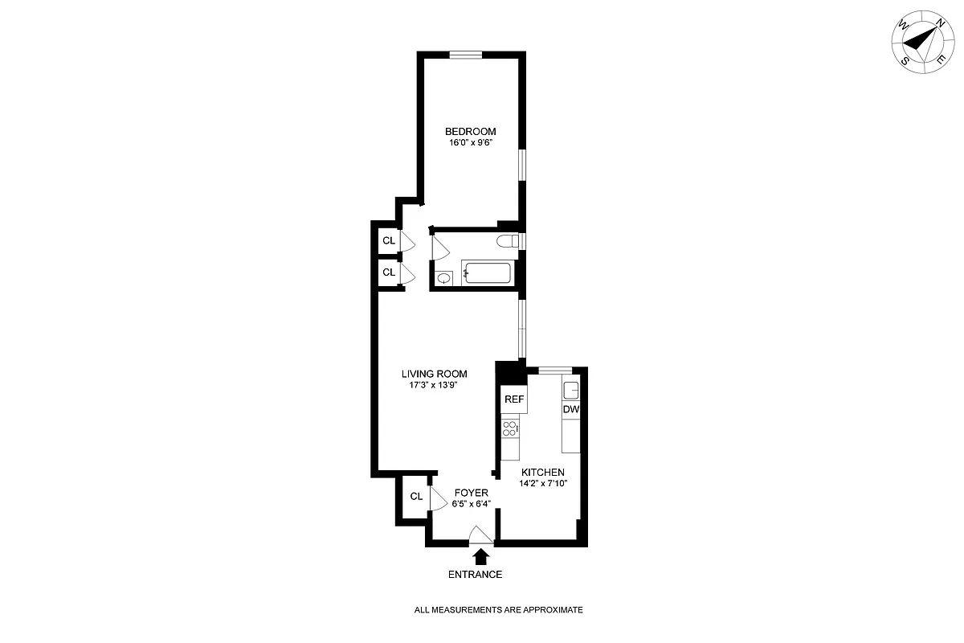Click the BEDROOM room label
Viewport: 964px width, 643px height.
point(471,131)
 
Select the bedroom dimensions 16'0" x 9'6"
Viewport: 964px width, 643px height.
point(471,143)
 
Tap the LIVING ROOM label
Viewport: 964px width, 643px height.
point(434,374)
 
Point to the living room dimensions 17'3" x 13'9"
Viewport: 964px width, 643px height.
point(434,386)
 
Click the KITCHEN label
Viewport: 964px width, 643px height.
point(543,472)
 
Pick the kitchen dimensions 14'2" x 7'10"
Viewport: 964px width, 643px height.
point(543,484)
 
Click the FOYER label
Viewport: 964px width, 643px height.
point(472,493)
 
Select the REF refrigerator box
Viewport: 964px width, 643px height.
point(513,399)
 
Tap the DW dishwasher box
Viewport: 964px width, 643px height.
point(570,409)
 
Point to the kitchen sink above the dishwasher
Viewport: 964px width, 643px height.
point(570,391)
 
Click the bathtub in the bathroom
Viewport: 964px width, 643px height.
point(486,273)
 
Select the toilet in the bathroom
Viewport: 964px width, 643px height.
point(509,241)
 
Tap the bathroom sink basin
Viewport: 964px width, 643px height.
point(444,278)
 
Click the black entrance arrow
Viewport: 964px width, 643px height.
point(481,556)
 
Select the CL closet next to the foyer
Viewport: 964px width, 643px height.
point(416,496)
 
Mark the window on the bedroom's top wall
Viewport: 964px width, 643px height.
point(465,55)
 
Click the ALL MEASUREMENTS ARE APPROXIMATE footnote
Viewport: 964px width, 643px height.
point(498,610)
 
